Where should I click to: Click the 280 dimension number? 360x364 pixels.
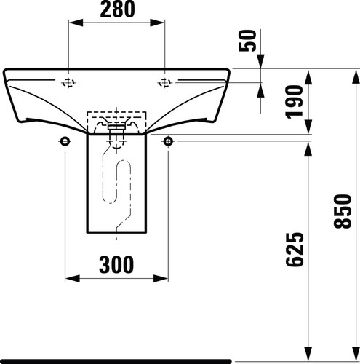117,9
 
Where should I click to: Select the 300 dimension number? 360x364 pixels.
116,264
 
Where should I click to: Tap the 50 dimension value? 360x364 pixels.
247,41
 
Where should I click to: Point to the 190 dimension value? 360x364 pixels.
295,102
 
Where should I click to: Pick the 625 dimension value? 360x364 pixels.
295,250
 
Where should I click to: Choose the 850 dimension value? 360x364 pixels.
343,211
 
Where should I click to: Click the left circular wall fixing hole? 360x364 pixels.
65,141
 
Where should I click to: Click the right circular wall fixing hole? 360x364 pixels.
168,141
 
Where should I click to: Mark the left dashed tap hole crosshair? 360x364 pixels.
68,83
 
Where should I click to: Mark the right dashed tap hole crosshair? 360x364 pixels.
165,83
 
